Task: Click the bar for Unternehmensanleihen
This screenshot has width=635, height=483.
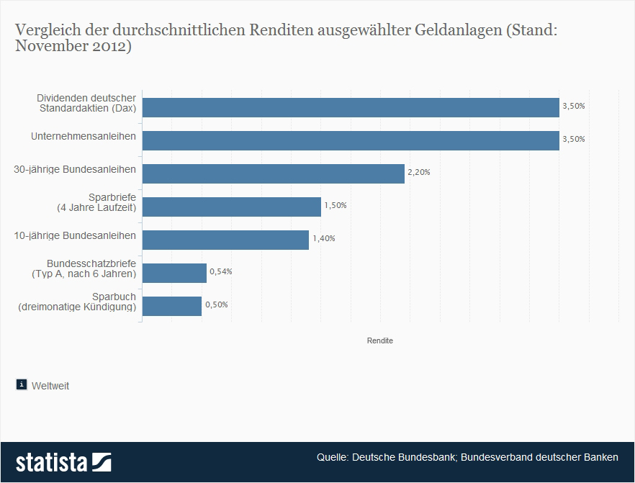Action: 351,140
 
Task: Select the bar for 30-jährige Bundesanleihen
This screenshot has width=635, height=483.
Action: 274,173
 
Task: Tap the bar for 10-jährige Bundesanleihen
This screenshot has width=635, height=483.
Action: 226,240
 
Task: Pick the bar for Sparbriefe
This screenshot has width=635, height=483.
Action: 232,207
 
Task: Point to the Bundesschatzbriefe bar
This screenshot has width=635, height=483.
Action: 175,273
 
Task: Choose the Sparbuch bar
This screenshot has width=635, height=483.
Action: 172,306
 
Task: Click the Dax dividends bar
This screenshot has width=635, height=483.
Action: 351,107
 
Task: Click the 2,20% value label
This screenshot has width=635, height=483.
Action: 418,173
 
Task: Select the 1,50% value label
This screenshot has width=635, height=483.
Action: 335,206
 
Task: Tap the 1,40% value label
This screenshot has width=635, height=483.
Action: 323,239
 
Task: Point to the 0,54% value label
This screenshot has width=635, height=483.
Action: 220,272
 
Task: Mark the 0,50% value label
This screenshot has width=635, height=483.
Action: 216,305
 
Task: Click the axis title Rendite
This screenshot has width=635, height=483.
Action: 380,340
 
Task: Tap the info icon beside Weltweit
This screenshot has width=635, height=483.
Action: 22,384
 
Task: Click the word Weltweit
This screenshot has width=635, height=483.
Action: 50,386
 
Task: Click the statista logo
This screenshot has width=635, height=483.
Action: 64,461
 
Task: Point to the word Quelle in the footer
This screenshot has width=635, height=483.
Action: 333,459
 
